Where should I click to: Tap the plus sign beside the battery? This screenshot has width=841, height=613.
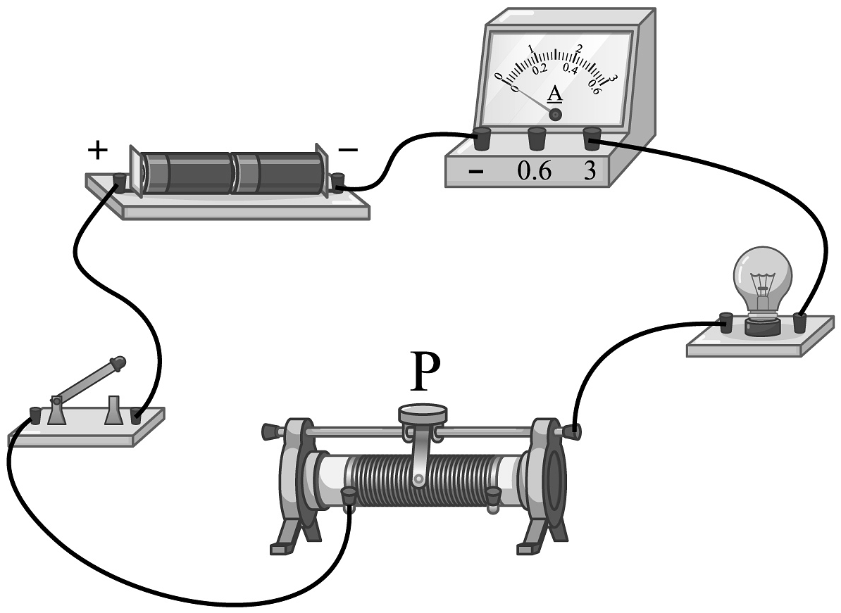98,149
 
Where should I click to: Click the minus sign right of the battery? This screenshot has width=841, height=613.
348,150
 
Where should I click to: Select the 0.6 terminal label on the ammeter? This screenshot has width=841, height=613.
535,172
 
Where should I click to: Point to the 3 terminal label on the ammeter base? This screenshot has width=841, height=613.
589,172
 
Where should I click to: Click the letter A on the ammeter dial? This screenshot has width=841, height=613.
555,94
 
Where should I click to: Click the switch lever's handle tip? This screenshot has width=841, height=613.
118,363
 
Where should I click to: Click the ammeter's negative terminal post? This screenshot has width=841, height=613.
482,138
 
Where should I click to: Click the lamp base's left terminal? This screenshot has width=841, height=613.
725,324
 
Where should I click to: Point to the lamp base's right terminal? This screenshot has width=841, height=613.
799,323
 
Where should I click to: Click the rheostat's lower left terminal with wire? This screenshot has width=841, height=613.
347,496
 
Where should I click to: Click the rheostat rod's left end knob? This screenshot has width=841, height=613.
269,429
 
